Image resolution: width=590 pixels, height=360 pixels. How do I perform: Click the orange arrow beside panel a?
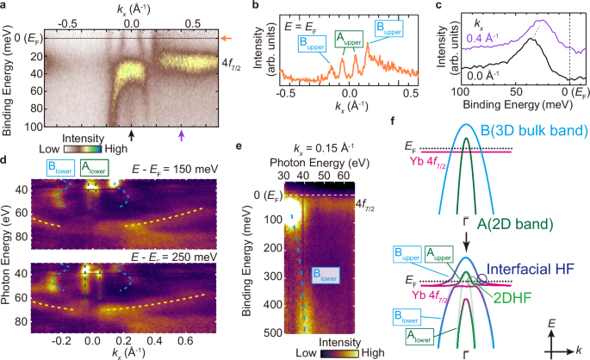(227, 38)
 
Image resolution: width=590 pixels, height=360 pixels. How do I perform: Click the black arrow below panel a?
(131, 135)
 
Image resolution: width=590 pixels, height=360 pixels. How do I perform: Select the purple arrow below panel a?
(182, 135)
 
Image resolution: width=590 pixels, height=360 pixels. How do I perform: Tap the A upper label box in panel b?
(349, 39)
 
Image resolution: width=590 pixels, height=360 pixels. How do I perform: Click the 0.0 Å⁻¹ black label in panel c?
(483, 75)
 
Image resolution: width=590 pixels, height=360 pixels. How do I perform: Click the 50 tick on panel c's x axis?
(516, 92)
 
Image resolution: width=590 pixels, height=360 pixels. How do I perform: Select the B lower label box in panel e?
(326, 276)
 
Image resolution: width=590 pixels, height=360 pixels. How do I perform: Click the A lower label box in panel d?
(95, 168)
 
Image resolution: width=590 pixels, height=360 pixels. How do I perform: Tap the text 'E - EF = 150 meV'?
(175, 169)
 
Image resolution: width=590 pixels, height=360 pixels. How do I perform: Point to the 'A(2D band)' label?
(516, 224)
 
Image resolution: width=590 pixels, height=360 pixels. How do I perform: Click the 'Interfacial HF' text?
(531, 270)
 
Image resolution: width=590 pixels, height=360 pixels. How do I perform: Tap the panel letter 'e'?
(239, 146)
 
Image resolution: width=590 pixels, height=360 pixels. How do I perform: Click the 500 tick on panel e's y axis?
(275, 333)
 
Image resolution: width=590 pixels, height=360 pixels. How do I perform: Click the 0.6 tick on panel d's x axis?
(185, 341)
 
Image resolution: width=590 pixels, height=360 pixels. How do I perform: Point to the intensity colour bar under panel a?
(83, 149)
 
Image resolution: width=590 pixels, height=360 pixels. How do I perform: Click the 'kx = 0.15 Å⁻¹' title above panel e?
(324, 148)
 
